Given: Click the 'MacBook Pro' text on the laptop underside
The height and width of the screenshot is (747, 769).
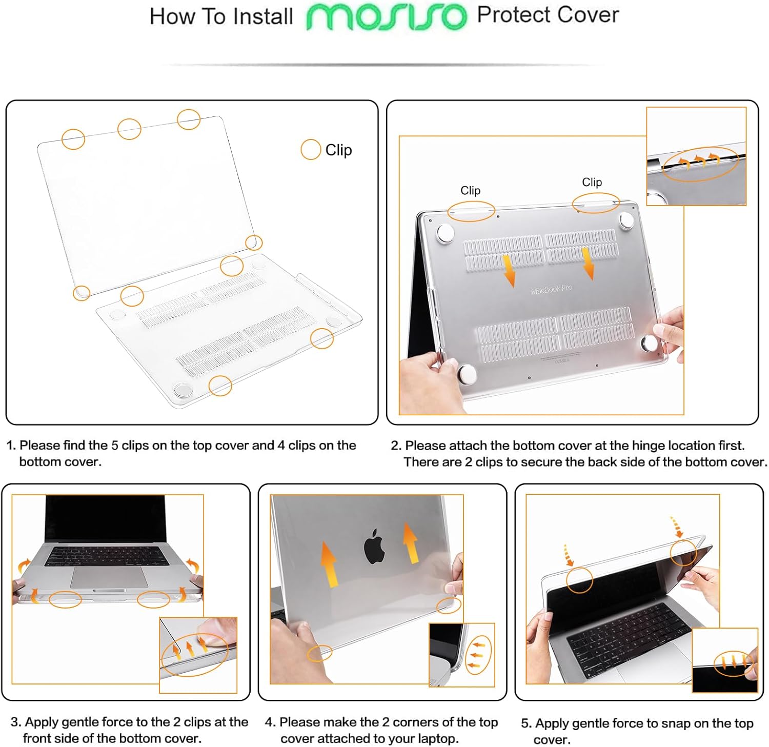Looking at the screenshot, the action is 551,289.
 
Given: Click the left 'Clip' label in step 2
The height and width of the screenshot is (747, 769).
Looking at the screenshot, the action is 470,190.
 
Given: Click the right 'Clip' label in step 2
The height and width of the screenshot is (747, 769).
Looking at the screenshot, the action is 592,182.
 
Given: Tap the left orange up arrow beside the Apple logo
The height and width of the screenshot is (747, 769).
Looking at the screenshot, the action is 329,563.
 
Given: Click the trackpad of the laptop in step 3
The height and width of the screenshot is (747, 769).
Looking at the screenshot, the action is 109,578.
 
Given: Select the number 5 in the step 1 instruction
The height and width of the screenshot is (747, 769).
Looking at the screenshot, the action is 115,445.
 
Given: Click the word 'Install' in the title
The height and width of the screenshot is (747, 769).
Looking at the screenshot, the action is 262,16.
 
